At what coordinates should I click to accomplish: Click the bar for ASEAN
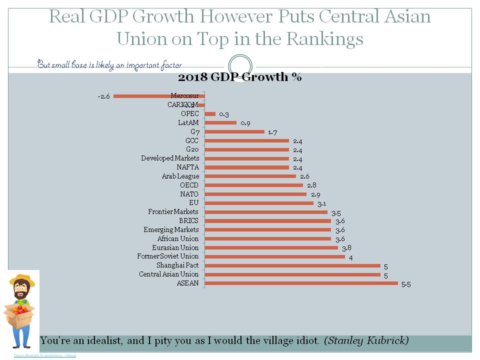point(301,283)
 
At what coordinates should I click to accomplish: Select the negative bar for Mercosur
point(159,96)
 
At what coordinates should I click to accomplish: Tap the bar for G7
point(234,132)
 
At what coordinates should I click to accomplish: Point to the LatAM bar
point(220,122)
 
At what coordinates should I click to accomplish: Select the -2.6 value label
point(103,96)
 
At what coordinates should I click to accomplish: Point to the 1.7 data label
point(272,132)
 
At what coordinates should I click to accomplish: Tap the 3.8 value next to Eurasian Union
point(346,248)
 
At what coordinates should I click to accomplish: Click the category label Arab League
point(180,176)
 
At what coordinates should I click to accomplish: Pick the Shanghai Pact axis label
point(177,265)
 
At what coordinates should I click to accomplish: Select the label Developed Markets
point(170,158)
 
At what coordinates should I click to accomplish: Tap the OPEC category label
point(190,114)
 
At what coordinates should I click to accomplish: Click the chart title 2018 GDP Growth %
point(240,77)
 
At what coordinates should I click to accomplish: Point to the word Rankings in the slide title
point(320,38)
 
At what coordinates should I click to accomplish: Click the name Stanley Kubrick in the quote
point(366,341)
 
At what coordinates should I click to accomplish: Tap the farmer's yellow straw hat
point(22,280)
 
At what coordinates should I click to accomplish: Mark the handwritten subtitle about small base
point(109,64)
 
